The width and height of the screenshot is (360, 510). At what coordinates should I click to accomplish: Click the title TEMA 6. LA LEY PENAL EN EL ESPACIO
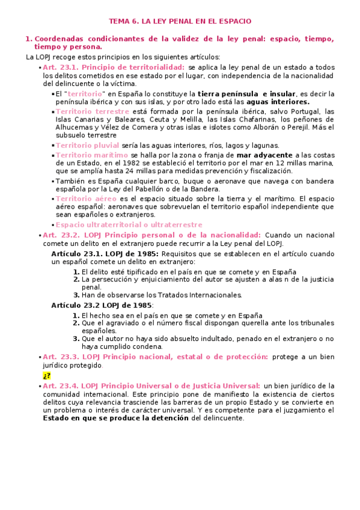pyautogui.click(x=180, y=20)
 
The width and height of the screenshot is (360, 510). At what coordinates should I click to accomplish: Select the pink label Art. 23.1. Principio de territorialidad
pyautogui.click(x=114, y=67)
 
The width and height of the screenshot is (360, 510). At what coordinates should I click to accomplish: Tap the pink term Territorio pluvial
pyautogui.click(x=87, y=146)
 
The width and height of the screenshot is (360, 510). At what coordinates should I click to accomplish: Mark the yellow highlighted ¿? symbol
pyautogui.click(x=46, y=375)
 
